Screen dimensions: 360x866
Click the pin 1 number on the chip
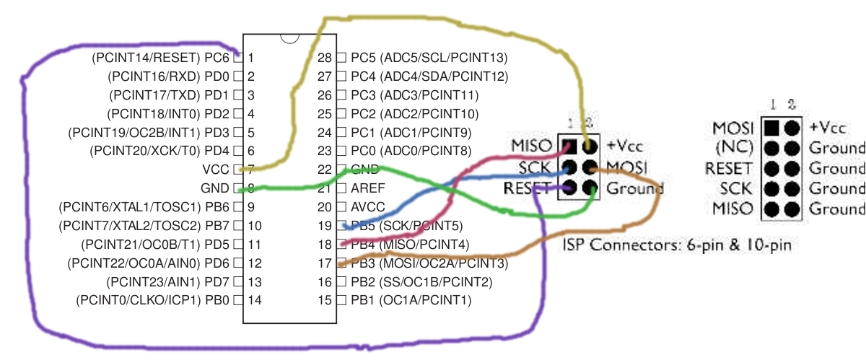[x=250, y=57]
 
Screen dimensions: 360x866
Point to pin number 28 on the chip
[x=325, y=57]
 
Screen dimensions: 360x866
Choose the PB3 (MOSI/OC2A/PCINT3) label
[x=429, y=263]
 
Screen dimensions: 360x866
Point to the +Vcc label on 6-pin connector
[x=624, y=146]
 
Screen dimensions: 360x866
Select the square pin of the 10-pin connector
[x=772, y=128]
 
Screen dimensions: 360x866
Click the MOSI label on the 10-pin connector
[x=732, y=128]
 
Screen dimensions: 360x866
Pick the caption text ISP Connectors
[x=677, y=245]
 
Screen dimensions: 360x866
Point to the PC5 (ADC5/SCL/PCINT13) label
[x=429, y=57]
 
